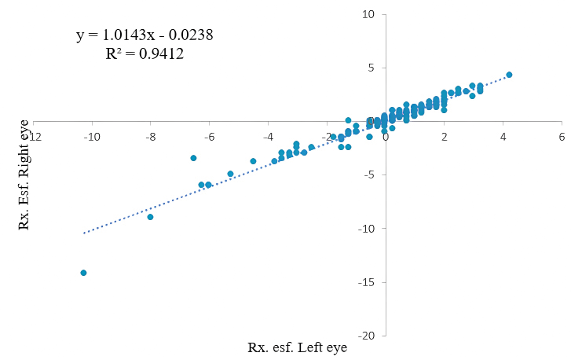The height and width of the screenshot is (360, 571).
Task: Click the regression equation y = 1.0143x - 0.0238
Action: click(x=145, y=35)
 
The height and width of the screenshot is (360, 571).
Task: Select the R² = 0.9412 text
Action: click(x=145, y=54)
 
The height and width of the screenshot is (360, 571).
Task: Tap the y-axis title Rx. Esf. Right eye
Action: click(x=24, y=174)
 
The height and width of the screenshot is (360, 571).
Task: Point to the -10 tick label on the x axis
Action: click(x=93, y=136)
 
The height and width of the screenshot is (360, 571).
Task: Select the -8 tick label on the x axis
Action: click(x=151, y=136)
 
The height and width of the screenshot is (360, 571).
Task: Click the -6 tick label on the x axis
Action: click(x=210, y=136)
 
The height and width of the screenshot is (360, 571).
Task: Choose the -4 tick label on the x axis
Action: click(x=268, y=136)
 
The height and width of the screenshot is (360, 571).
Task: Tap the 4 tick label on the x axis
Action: click(x=503, y=136)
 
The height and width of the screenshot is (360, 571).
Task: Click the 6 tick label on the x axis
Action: click(x=562, y=136)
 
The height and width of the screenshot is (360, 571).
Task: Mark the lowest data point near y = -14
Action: click(x=83, y=273)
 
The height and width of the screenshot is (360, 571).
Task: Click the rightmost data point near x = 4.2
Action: click(x=509, y=75)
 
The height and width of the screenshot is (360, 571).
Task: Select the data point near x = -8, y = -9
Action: click(x=150, y=217)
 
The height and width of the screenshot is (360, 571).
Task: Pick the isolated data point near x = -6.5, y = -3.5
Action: click(x=193, y=158)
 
